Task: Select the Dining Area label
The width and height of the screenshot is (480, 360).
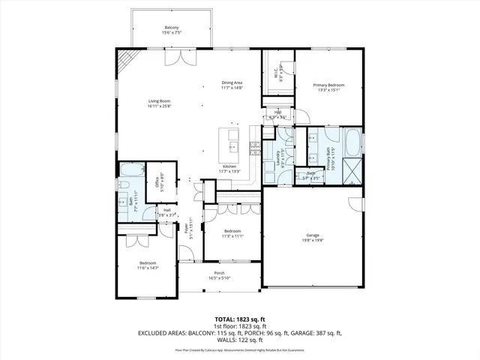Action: tap(231, 85)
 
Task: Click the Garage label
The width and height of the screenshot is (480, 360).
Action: tap(312, 237)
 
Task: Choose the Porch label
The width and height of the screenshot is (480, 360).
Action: tap(220, 275)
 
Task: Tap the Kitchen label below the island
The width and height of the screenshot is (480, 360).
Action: tap(229, 169)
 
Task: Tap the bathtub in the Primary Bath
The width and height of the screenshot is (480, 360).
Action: tap(352, 142)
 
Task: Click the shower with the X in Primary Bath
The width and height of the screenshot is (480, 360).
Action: tap(352, 172)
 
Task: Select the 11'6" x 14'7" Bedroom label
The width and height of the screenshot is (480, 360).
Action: tap(147, 265)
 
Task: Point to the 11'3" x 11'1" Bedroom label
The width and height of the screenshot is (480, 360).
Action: tap(232, 232)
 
